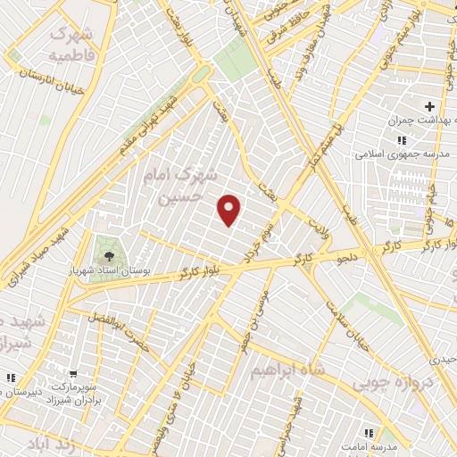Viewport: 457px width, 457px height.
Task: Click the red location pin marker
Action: tap(230, 211)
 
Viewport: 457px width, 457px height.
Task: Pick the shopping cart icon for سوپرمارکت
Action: tap(74, 375)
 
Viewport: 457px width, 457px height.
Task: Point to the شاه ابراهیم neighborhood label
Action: tap(285, 370)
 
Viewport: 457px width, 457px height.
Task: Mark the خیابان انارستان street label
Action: tap(54, 85)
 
